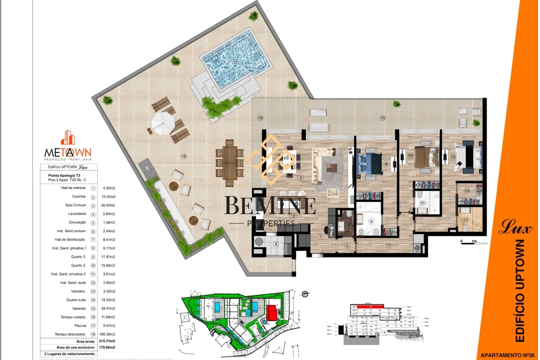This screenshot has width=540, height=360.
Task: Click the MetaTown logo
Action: (x=68, y=145)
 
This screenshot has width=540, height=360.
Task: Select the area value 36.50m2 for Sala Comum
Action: (x=108, y=205)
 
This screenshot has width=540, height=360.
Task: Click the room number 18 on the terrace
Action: (x=183, y=156)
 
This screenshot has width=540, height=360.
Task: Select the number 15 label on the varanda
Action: (x=382, y=118)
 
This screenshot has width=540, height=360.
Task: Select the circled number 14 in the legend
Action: (x=93, y=300)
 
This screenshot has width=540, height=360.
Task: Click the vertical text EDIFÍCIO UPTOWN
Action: (x=519, y=290)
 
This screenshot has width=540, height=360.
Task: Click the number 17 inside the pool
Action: (x=235, y=62)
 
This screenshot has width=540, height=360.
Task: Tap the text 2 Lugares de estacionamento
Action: (x=68, y=353)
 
